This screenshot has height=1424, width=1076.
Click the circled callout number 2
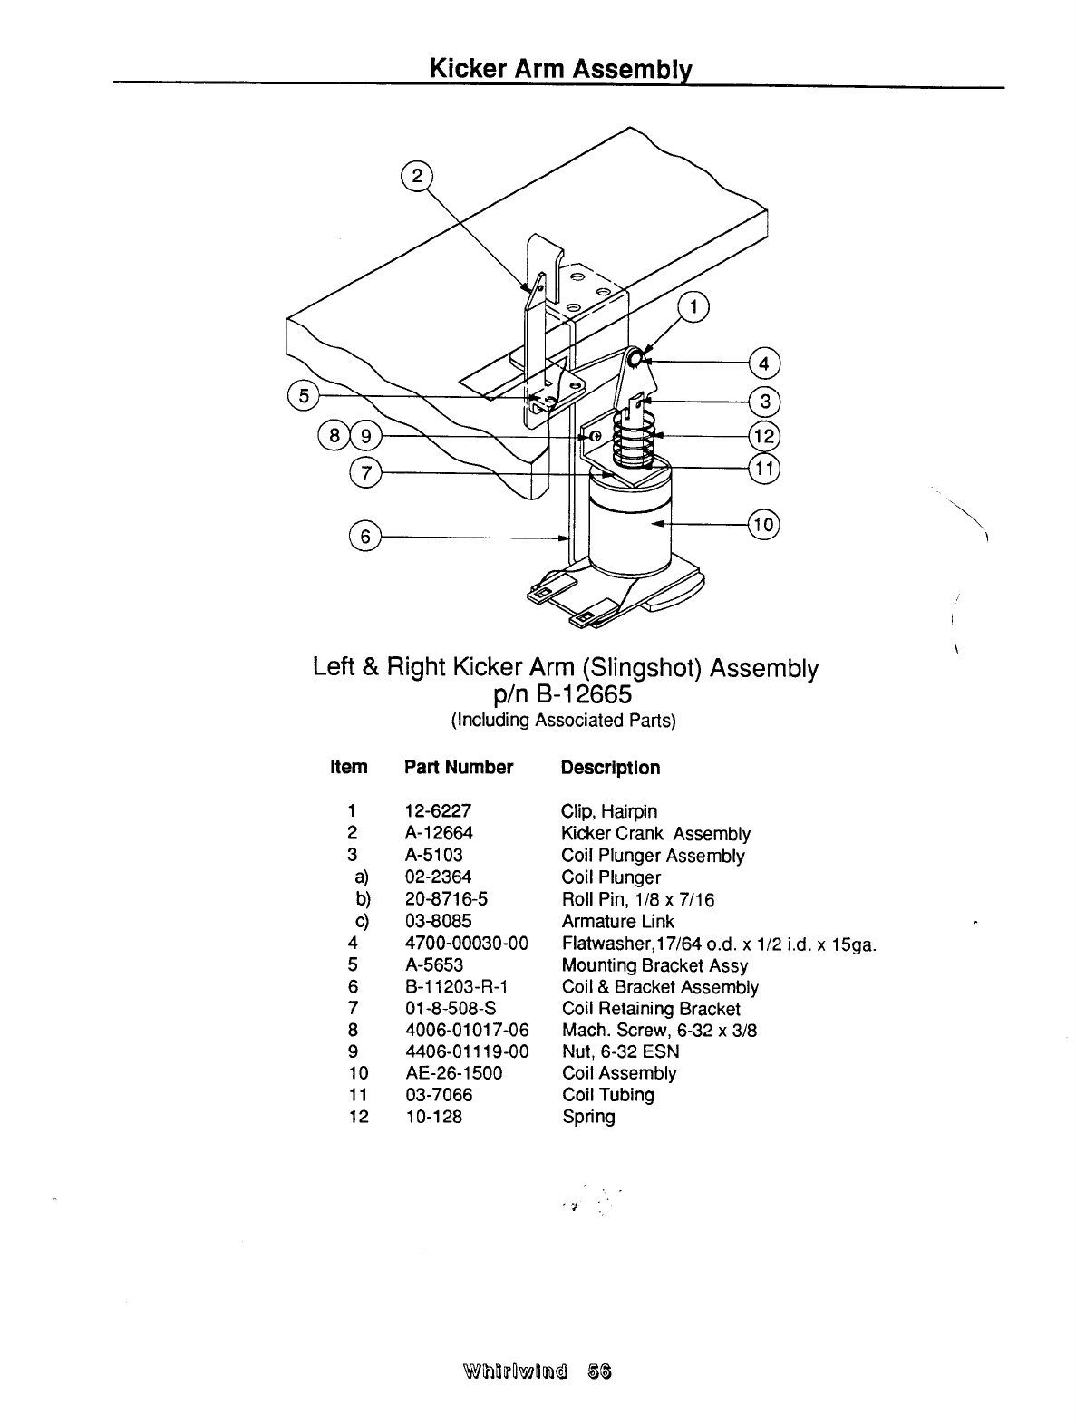pos(417,177)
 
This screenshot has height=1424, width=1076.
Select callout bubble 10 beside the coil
pos(764,524)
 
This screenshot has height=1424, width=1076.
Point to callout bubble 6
pos(365,537)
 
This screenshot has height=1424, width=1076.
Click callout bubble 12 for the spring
pos(764,436)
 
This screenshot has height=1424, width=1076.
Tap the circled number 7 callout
pos(366,472)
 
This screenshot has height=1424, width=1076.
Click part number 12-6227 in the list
pos(438,811)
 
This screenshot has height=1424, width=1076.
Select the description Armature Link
pos(617,922)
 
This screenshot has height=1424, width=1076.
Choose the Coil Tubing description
pos(607,1095)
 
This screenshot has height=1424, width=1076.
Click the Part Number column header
pos(459,768)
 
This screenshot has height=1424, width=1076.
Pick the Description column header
pos(610,768)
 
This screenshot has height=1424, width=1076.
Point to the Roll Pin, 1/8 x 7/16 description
pos(637,900)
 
